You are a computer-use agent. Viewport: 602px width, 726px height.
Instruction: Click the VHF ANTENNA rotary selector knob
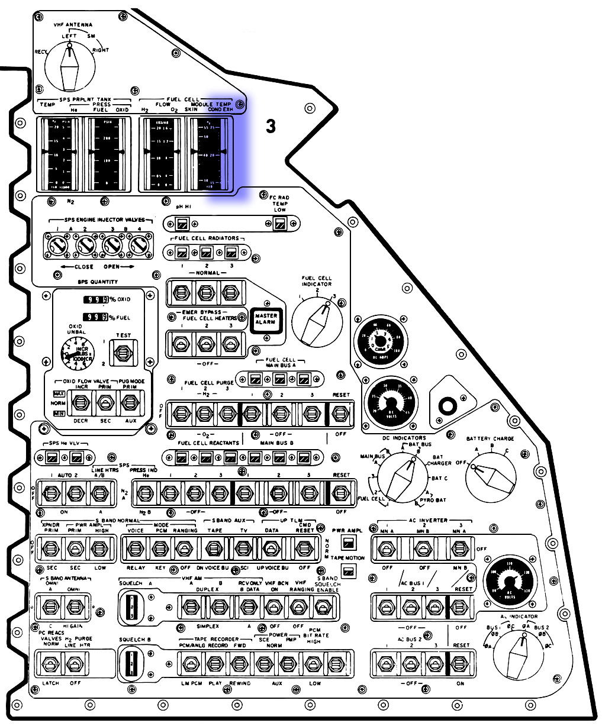(69, 67)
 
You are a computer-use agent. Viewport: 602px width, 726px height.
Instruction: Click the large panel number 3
(271, 126)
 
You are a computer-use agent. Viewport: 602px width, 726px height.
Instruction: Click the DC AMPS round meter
(381, 341)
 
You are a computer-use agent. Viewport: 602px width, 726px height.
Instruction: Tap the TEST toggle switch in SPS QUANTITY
(124, 353)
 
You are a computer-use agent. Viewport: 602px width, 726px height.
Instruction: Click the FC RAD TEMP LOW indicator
(280, 224)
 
